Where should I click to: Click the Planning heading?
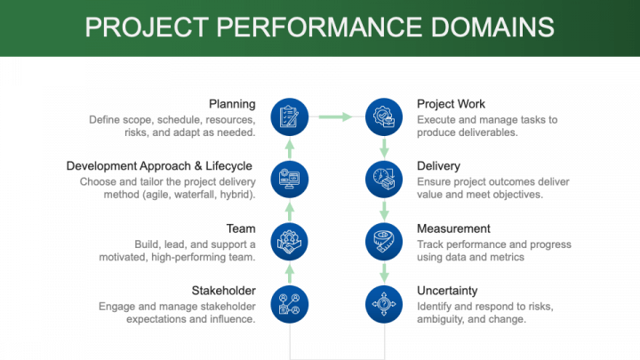(x=232, y=104)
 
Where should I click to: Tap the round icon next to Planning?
(x=289, y=116)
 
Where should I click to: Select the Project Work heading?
(x=451, y=104)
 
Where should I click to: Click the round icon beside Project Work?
(x=384, y=116)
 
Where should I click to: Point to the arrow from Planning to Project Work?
(x=336, y=116)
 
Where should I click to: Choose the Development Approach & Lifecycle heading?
(x=159, y=165)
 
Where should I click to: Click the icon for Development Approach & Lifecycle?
(x=289, y=177)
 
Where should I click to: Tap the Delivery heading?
(x=438, y=165)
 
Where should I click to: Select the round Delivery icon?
(x=384, y=177)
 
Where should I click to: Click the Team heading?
(x=241, y=228)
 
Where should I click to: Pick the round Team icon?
(x=289, y=240)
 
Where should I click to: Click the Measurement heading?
(x=453, y=228)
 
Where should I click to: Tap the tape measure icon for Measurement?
(x=384, y=240)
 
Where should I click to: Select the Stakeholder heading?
(x=224, y=291)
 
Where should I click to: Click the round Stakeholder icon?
(x=289, y=302)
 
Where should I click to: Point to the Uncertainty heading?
(x=447, y=291)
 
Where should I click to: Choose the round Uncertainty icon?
(x=384, y=302)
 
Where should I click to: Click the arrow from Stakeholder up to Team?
(x=289, y=271)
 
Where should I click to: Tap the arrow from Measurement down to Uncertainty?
(x=384, y=271)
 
